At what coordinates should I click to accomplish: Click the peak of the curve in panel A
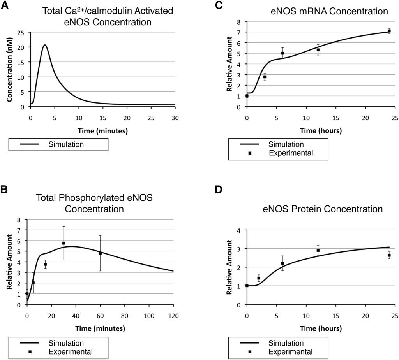(45, 45)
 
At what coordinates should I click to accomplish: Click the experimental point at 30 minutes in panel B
(64, 243)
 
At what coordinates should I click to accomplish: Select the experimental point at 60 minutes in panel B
(100, 253)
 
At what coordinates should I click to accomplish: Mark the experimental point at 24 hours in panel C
(389, 31)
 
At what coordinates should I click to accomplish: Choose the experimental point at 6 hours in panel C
(282, 53)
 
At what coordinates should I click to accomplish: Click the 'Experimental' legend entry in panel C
(290, 153)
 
